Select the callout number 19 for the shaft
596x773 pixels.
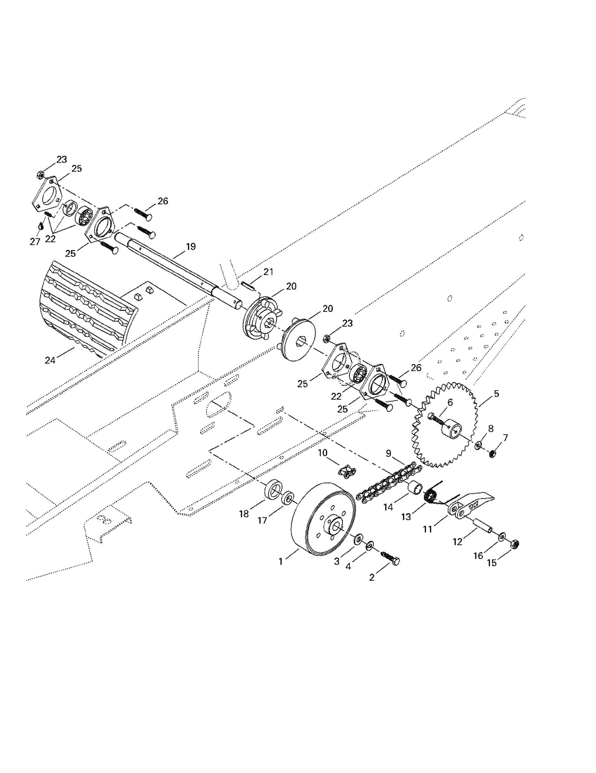coord(191,247)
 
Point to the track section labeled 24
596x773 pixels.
coord(89,308)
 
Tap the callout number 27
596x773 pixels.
coord(35,242)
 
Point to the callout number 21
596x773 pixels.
coord(269,272)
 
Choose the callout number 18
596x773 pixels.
coord(244,514)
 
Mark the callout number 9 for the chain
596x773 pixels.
coord(388,453)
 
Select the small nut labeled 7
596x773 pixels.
coord(492,453)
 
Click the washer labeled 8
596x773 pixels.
coord(478,445)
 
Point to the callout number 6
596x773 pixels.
coord(450,402)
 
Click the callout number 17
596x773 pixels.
coord(262,521)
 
